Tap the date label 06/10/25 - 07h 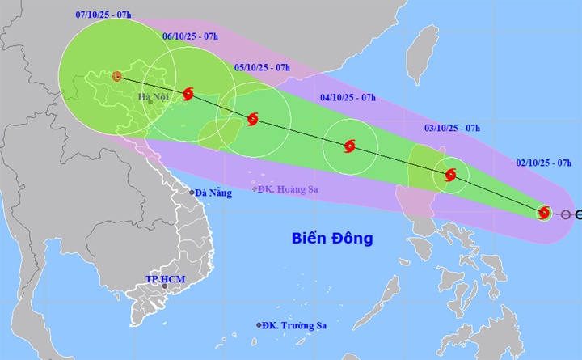click(x=191, y=36)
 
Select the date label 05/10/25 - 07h click(x=263, y=69)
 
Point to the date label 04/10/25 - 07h click(x=348, y=97)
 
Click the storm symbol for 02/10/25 click(x=545, y=213)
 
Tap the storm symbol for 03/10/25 click(x=450, y=175)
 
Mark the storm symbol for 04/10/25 click(x=349, y=146)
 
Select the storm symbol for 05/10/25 click(x=252, y=120)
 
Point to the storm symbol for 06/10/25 click(x=188, y=94)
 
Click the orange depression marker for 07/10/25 click(x=117, y=77)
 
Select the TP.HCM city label click(x=160, y=279)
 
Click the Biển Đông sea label click(x=332, y=239)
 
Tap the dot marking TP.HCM click(x=165, y=286)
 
